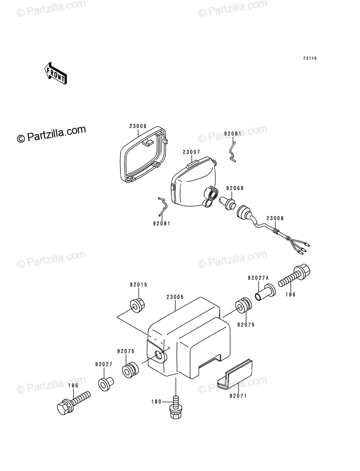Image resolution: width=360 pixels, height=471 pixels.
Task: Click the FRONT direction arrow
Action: pyautogui.click(x=56, y=73)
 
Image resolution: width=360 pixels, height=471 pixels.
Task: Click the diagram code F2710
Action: pyautogui.click(x=310, y=58)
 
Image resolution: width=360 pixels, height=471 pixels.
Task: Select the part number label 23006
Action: pyautogui.click(x=138, y=126)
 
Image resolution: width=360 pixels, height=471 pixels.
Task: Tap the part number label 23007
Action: pyautogui.click(x=191, y=152)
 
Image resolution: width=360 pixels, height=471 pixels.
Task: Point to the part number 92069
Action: pyautogui.click(x=235, y=188)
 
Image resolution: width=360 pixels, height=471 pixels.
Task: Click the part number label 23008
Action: pyautogui.click(x=275, y=219)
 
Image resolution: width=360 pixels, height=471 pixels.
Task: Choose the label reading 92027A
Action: pyautogui.click(x=258, y=278)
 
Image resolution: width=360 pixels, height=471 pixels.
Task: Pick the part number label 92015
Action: pyautogui.click(x=139, y=285)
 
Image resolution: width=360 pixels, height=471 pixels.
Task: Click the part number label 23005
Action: pyautogui.click(x=175, y=297)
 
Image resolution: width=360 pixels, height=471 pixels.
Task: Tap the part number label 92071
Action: pyautogui.click(x=238, y=396)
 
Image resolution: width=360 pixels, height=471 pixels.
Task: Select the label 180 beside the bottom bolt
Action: pyautogui.click(x=156, y=402)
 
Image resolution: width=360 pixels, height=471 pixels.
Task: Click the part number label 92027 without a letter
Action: pyautogui.click(x=104, y=364)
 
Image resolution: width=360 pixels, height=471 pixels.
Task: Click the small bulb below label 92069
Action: pyautogui.click(x=227, y=204)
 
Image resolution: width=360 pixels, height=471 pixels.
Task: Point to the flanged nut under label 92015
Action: pyautogui.click(x=137, y=305)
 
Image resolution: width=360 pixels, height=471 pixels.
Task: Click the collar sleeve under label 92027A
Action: pyautogui.click(x=265, y=292)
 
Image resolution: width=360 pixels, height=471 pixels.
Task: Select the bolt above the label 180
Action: pyautogui.click(x=176, y=413)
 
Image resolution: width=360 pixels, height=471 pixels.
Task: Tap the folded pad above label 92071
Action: pyautogui.click(x=235, y=374)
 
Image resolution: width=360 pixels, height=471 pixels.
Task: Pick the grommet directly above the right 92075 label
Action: pyautogui.click(x=243, y=305)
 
